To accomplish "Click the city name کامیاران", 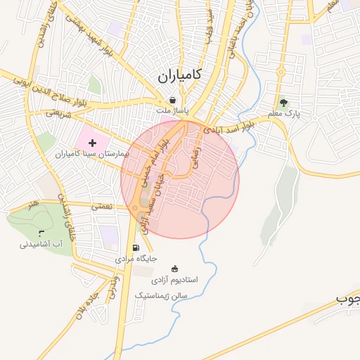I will [181, 75].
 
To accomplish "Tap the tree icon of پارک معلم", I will [284, 103].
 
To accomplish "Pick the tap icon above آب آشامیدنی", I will [41, 233].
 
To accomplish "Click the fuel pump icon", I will [136, 247].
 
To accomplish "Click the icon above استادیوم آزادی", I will [175, 269].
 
